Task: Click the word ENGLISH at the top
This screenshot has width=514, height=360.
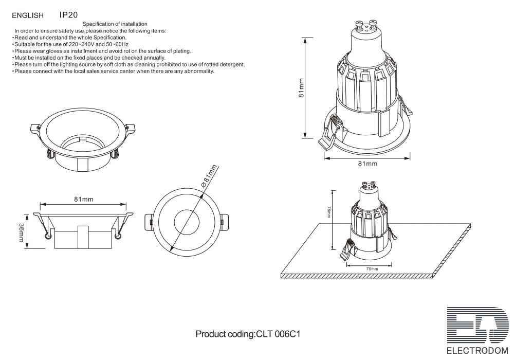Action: point(28,15)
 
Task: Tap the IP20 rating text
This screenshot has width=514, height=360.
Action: point(69,15)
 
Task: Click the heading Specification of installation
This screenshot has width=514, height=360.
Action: point(115,24)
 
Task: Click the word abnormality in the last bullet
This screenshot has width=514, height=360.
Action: point(199,71)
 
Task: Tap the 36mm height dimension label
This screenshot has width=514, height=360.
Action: point(21,232)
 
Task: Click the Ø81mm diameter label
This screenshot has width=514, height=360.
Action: point(209,176)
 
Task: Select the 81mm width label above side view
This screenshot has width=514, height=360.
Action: point(84,199)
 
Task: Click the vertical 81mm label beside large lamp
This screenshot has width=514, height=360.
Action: point(301,87)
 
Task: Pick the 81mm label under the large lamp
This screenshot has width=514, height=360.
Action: point(368,164)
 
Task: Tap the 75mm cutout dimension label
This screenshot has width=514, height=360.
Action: point(372,269)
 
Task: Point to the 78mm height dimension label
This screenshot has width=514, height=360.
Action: point(328,212)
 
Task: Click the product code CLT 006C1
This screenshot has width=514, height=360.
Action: point(278,334)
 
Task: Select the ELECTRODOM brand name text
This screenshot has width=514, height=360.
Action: point(478,351)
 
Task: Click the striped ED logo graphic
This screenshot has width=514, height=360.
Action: point(478,325)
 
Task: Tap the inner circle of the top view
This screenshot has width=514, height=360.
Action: point(187,222)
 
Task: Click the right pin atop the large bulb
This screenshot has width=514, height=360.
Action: point(373,24)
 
